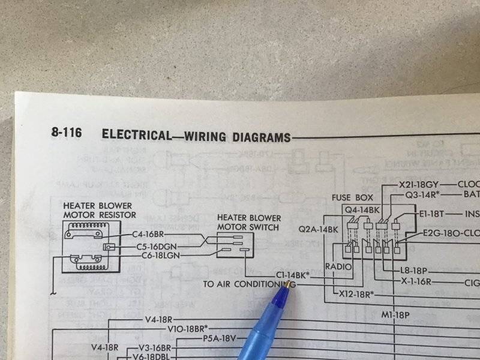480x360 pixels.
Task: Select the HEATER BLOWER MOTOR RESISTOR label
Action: tap(100, 210)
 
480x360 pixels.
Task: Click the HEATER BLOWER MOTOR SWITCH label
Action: tap(248, 222)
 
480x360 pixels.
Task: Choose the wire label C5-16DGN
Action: tap(157, 246)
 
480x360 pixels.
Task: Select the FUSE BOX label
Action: tap(352, 197)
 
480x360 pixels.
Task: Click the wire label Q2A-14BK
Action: tap(318, 230)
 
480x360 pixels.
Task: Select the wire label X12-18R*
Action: tap(353, 294)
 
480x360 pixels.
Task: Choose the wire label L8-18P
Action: tap(415, 271)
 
